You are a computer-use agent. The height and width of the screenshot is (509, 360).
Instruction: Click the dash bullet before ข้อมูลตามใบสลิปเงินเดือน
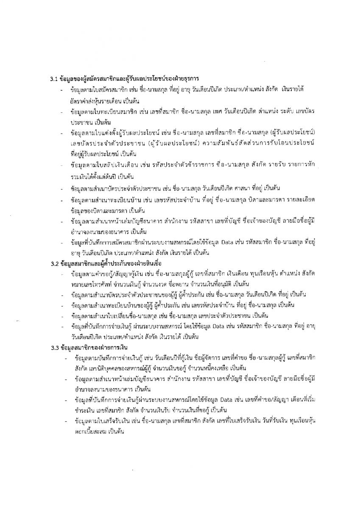point(62,164)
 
